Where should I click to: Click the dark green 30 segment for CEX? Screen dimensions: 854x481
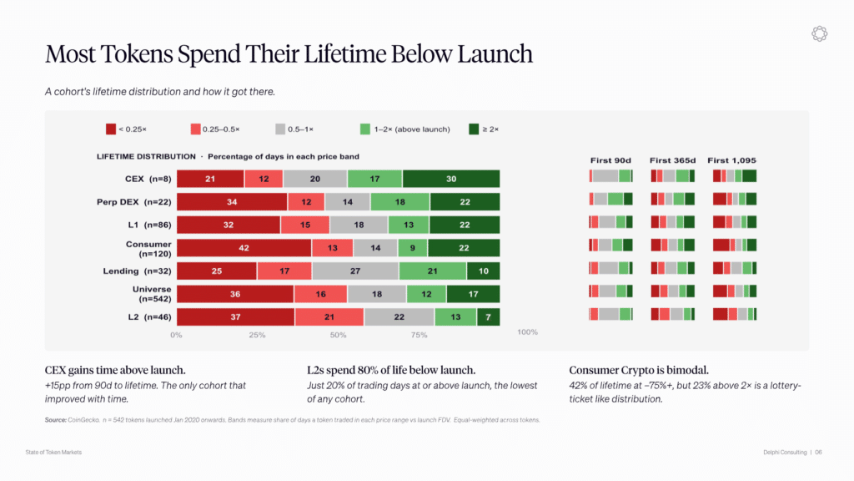(x=451, y=179)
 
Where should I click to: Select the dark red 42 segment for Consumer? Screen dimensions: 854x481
(x=244, y=247)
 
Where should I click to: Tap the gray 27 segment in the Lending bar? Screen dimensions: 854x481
(x=355, y=271)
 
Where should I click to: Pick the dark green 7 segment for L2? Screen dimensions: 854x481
(x=489, y=316)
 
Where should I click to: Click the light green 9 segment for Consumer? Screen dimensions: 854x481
(x=413, y=247)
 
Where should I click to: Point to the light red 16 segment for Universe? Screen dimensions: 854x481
(x=321, y=294)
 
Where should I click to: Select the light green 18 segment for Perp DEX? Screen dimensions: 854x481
(x=400, y=202)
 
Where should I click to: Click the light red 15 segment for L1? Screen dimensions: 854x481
(x=305, y=225)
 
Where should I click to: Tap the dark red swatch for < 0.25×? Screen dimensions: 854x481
(x=111, y=129)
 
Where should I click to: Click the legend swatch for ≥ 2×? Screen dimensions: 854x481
(x=474, y=129)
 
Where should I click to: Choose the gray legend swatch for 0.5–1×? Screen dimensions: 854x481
(x=280, y=129)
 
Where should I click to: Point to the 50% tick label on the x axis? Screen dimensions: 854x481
(x=339, y=335)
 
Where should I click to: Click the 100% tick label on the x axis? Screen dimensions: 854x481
(x=527, y=332)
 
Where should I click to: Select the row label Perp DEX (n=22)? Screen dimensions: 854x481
(x=134, y=202)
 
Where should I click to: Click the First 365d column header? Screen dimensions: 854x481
(x=673, y=160)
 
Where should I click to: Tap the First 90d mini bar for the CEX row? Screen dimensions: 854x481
(x=610, y=175)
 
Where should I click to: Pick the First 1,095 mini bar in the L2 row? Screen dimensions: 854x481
(x=735, y=314)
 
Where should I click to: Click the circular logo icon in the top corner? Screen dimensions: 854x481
(x=819, y=33)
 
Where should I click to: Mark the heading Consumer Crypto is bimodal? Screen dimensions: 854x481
(x=639, y=370)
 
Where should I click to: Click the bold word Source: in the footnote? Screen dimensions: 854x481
(x=56, y=420)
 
